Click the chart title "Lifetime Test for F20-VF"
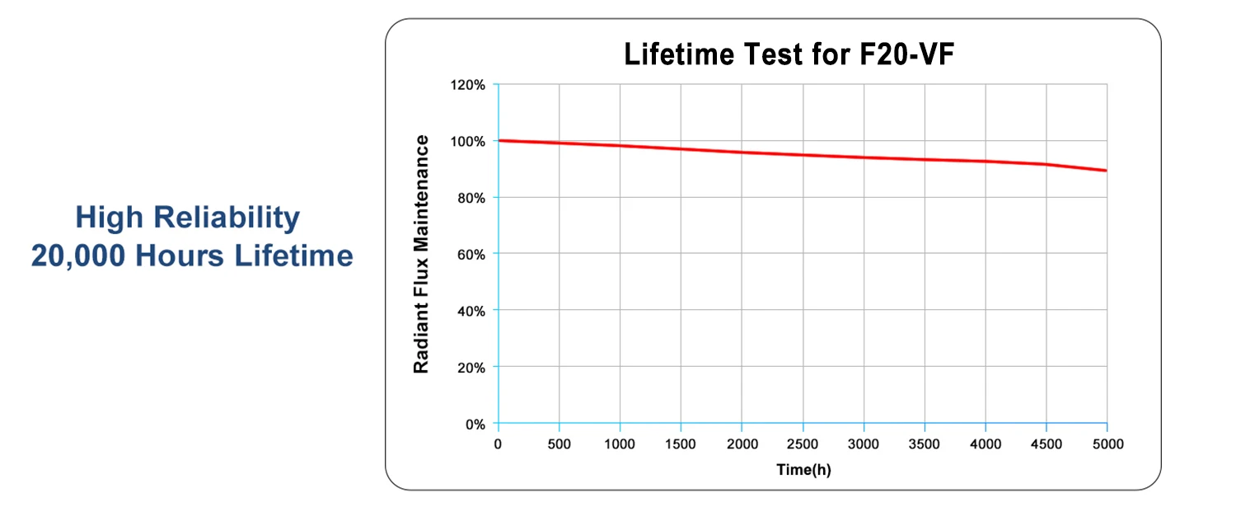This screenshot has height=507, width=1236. coord(789,54)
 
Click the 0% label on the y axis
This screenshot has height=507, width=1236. coord(475,424)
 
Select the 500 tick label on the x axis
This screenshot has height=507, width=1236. coord(559,444)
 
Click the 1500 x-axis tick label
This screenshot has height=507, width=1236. coord(681,444)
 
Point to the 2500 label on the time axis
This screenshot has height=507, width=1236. coord(803,444)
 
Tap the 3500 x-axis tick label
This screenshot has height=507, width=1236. coord(924,444)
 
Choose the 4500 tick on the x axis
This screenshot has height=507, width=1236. coord(1046,444)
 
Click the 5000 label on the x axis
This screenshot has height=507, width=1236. coord(1107,444)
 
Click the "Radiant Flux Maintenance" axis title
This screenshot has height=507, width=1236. coord(421,254)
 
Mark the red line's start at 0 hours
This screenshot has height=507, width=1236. coord(499,140)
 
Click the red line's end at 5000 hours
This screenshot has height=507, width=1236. coord(1106,171)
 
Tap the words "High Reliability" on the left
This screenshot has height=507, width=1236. coord(187,218)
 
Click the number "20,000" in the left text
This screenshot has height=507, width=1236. coord(78,256)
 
